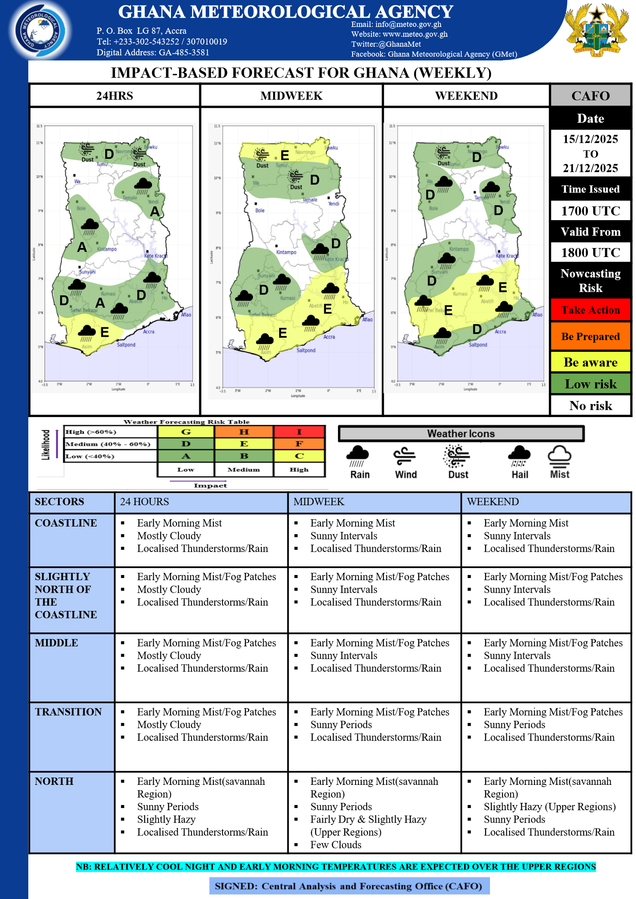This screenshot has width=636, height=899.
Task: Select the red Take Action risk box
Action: pyautogui.click(x=590, y=310)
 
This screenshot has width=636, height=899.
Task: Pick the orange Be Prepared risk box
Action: pyautogui.click(x=590, y=336)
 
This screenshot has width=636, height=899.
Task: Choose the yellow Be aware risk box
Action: pyautogui.click(x=590, y=362)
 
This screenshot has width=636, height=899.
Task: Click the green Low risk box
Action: pyautogui.click(x=590, y=384)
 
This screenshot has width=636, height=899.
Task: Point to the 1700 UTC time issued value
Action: pyautogui.click(x=590, y=211)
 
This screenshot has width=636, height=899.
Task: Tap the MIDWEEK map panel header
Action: pyautogui.click(x=291, y=96)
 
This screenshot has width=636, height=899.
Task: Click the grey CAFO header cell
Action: pyautogui.click(x=590, y=96)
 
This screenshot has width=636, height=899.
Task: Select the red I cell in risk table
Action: pyautogui.click(x=299, y=432)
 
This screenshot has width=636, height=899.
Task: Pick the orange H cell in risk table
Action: pyautogui.click(x=243, y=432)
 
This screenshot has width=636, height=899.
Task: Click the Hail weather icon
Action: pyautogui.click(x=519, y=461)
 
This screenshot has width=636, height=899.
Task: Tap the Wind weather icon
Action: pyautogui.click(x=405, y=461)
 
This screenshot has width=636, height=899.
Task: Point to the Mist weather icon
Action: pyautogui.click(x=559, y=461)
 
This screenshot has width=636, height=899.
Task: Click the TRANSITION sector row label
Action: pyautogui.click(x=68, y=712)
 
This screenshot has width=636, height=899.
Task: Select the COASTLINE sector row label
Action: pyautogui.click(x=66, y=523)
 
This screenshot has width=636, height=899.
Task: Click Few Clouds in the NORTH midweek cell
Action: pyautogui.click(x=336, y=845)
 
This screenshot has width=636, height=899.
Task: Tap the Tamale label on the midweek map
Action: pyautogui.click(x=310, y=200)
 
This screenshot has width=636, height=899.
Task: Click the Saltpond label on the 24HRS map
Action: pyautogui.click(x=126, y=345)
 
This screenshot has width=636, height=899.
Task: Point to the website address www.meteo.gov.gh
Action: pyautogui.click(x=415, y=34)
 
